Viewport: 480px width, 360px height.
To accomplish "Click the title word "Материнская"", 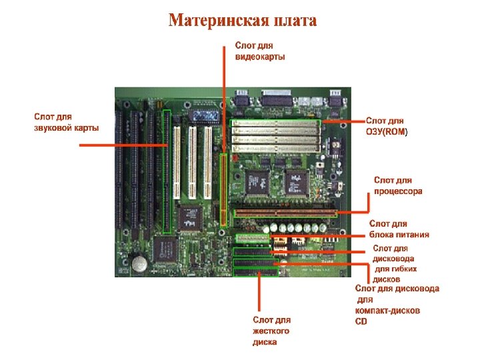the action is (217, 21).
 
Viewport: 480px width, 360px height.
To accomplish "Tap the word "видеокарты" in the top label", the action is (260, 57).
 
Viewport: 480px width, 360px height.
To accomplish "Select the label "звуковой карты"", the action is (66, 127).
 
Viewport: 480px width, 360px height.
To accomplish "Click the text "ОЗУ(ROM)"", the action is (387, 132).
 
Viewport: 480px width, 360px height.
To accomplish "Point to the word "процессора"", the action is (398, 191).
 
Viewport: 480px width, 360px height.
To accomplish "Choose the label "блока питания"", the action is (399, 235).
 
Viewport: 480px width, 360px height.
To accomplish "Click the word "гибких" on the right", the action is (396, 269).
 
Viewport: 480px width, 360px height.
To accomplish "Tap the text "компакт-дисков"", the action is (387, 311).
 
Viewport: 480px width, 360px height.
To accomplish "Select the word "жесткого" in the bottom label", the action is (271, 331).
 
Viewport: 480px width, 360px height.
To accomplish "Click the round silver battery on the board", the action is (139, 263).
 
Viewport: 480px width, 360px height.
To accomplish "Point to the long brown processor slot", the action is (285, 213).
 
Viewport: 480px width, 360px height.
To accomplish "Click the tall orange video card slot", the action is (224, 190).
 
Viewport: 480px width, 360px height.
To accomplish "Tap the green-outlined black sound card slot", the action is (167, 171).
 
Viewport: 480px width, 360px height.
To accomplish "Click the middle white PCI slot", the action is (192, 163).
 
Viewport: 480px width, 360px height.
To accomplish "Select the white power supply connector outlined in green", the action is (253, 239).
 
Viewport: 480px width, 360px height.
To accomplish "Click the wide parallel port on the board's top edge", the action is (276, 97).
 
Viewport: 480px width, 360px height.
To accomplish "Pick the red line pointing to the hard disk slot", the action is (259, 291).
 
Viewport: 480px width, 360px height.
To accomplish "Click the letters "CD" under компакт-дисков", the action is (361, 321).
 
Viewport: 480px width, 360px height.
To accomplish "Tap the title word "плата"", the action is (295, 21).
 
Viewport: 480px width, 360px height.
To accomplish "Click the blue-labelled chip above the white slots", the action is (204, 116).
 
